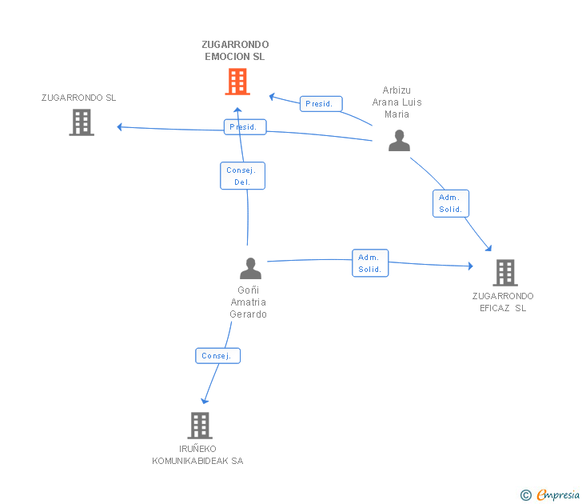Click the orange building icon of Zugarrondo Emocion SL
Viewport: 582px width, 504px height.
[x=237, y=82]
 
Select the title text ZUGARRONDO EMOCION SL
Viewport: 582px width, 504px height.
[x=235, y=50]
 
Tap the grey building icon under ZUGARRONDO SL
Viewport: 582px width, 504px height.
[x=82, y=122]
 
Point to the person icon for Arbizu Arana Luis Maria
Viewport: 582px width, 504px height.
[x=399, y=140]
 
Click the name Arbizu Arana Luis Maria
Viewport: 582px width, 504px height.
[x=397, y=102]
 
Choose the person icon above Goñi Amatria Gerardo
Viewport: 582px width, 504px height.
[x=250, y=268]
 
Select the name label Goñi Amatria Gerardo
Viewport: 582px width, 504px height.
[x=249, y=302]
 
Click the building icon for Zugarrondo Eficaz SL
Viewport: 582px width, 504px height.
[x=505, y=273]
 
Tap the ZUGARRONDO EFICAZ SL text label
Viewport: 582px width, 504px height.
[x=503, y=302]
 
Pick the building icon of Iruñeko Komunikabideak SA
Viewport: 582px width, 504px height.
[x=200, y=426]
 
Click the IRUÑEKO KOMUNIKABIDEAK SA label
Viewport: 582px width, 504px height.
[x=197, y=454]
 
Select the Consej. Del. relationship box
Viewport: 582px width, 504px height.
[x=243, y=176]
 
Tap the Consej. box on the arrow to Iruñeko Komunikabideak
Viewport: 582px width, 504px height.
[x=218, y=356]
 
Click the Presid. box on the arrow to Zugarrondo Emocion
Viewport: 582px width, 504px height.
[x=321, y=104]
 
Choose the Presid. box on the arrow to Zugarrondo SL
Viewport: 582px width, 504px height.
[x=245, y=127]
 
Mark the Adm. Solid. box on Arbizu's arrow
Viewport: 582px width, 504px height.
[x=451, y=203]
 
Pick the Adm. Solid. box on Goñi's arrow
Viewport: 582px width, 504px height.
[x=370, y=263]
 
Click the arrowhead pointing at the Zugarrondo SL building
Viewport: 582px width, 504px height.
[x=120, y=127]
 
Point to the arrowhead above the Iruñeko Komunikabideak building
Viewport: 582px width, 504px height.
[x=205, y=401]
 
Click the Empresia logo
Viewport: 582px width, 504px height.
[x=550, y=494]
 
